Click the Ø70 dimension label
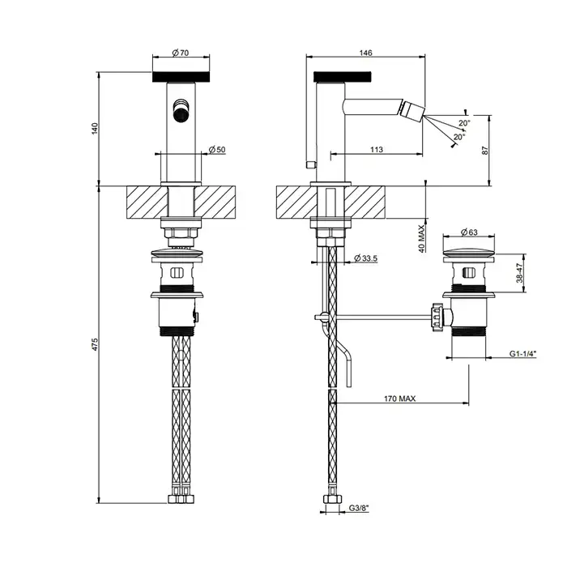click(181, 53)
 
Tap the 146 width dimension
click(365, 53)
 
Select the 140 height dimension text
click(95, 129)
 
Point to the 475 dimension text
click(95, 344)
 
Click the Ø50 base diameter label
click(217, 149)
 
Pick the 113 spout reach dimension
click(377, 149)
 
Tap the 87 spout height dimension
click(485, 150)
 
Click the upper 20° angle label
click(465, 123)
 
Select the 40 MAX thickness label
click(422, 239)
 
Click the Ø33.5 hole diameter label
click(366, 258)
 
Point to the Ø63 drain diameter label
click(469, 232)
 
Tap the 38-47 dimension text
click(520, 273)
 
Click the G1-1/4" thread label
click(522, 354)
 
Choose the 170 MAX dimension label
click(399, 399)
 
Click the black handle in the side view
click(343, 77)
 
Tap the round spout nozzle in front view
click(180, 111)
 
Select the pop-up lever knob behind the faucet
click(310, 165)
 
